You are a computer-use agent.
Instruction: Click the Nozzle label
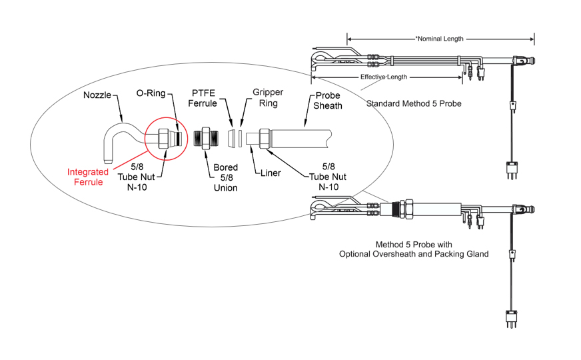point(97,95)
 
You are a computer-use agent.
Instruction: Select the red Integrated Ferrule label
point(88,177)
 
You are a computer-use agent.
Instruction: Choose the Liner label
point(271,173)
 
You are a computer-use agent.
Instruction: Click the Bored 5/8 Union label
point(226,178)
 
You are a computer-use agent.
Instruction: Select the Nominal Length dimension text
point(439,39)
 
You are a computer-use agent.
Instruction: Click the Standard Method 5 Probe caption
point(414,104)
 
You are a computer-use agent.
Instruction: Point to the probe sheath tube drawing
point(300,139)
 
